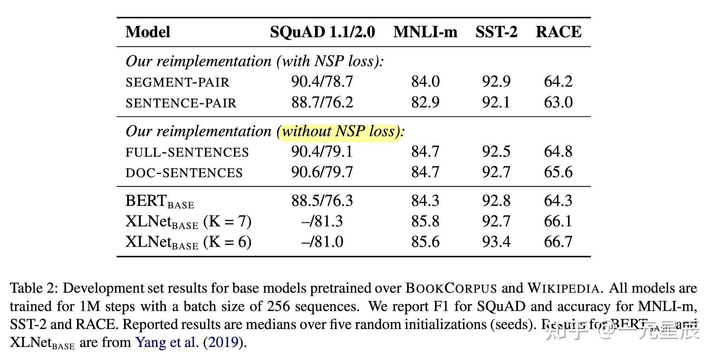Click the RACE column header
point(558,32)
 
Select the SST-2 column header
point(496,32)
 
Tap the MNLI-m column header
point(425,32)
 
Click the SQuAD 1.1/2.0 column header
point(322,32)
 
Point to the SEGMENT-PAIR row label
point(177,83)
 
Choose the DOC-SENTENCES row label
point(184,173)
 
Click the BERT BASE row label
point(160,202)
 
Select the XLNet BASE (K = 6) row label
point(188,242)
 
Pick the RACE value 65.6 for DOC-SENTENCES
point(558,172)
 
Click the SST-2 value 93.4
point(496,242)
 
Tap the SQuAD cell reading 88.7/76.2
point(322,103)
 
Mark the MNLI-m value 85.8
point(425,222)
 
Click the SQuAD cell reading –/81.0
point(322,242)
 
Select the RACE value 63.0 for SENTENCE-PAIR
point(558,103)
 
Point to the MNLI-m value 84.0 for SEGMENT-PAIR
point(425,82)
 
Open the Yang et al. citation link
point(167,342)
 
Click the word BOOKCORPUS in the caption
point(451,288)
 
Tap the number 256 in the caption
point(279,306)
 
